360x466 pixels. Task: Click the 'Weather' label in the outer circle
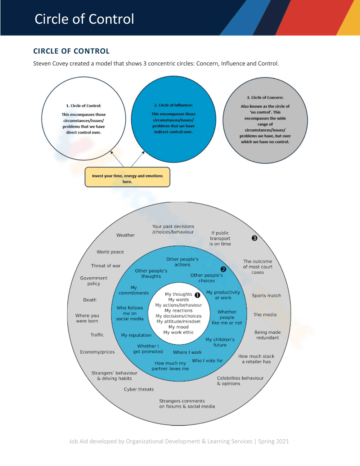[x=125, y=235]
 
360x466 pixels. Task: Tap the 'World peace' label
[x=110, y=252]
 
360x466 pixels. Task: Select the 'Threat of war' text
[x=105, y=266]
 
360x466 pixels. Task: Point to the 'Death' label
[x=90, y=300]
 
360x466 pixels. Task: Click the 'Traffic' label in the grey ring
[x=97, y=335]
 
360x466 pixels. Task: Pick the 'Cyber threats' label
[x=139, y=389]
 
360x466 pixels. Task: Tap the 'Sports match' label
[x=266, y=296]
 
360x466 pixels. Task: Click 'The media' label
[x=265, y=315]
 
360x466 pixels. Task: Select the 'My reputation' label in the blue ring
[x=136, y=335]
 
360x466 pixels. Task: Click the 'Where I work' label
[x=187, y=352]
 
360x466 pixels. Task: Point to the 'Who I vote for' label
[x=207, y=360]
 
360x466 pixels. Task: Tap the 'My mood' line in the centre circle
[x=178, y=327]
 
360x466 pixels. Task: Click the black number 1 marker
[x=197, y=295]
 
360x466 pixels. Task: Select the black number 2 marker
[x=223, y=269]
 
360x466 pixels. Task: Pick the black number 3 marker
[x=254, y=238]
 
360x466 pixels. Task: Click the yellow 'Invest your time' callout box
[x=127, y=177]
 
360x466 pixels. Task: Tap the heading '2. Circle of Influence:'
[x=173, y=105]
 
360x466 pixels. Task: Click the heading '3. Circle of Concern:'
[x=265, y=98]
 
